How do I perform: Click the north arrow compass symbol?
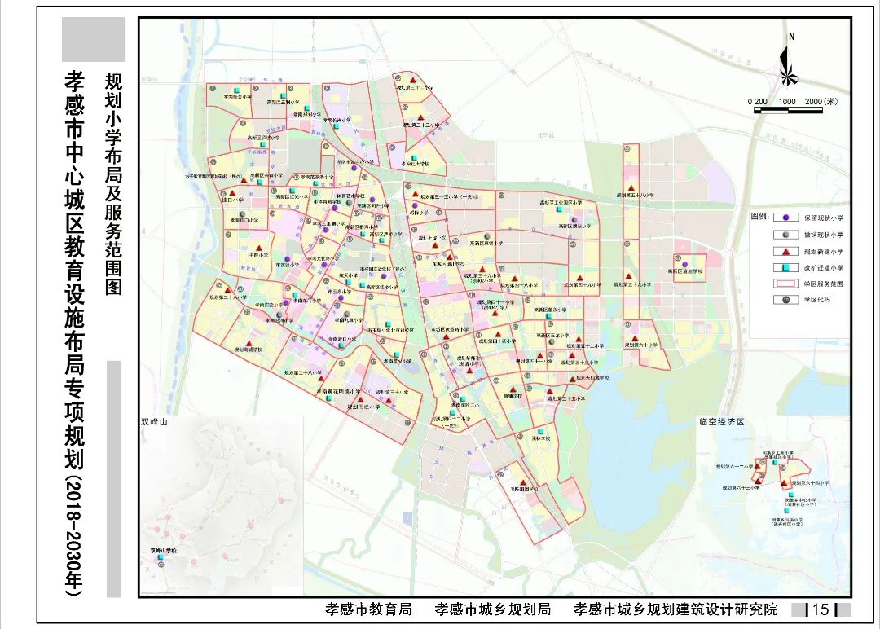pos(788,62)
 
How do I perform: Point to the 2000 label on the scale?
pos(816,101)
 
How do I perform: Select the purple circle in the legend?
pos(785,218)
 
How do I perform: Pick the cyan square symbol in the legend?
pos(785,267)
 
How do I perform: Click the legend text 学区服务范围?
pos(822,284)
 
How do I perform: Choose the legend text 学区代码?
pos(816,300)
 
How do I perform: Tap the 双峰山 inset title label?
pos(154,423)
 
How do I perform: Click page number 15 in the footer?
pos(821,609)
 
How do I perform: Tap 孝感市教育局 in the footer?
pos(367,609)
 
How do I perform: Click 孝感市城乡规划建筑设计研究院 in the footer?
pos(675,609)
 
